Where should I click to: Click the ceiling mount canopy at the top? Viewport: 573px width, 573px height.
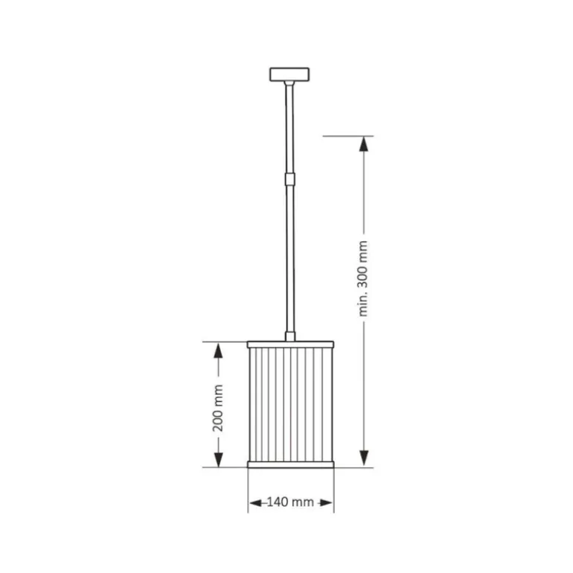pyautogui.click(x=289, y=74)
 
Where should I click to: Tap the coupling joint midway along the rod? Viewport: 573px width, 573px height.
pyautogui.click(x=289, y=179)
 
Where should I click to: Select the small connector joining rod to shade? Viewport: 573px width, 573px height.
pyautogui.click(x=289, y=336)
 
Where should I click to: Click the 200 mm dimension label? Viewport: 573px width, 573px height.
pyautogui.click(x=218, y=408)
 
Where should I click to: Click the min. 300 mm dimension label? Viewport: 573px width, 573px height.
pyautogui.click(x=363, y=278)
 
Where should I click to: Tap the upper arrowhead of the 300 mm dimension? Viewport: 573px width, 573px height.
pyautogui.click(x=364, y=144)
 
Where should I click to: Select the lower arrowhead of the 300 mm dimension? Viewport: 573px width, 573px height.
pyautogui.click(x=364, y=458)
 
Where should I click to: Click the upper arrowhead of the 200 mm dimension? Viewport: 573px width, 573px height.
pyautogui.click(x=218, y=350)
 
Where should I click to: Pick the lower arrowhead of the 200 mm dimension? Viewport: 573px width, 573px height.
pyautogui.click(x=218, y=459)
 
